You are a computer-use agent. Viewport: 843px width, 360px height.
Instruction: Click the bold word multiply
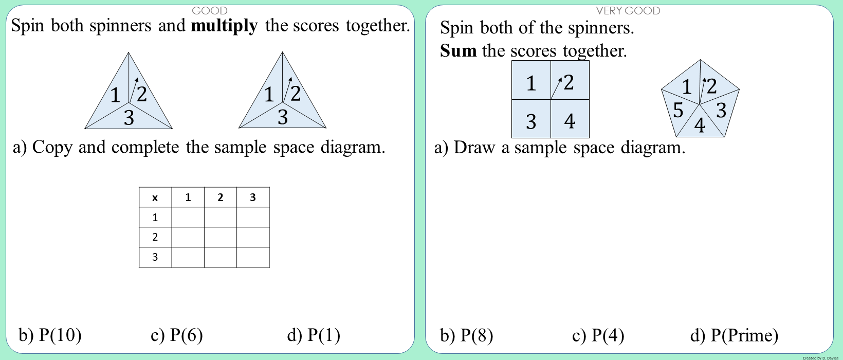[x=224, y=25]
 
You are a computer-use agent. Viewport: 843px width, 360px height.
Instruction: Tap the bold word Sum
[x=458, y=50]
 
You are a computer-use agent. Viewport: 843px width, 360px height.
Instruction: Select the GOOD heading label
[x=209, y=11]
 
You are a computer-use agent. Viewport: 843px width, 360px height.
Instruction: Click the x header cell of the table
[x=155, y=197]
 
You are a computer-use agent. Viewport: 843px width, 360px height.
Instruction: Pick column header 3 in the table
[x=252, y=197]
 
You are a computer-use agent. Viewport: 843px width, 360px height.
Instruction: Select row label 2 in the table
[x=155, y=237]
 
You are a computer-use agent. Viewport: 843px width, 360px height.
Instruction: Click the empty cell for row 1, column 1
[x=188, y=217]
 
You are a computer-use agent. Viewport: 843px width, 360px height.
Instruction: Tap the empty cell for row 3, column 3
[x=252, y=257]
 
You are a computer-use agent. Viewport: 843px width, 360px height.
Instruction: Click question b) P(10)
[x=50, y=335]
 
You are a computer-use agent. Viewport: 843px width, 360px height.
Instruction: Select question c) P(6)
[x=176, y=335]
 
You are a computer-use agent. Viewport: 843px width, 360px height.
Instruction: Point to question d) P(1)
[x=314, y=335]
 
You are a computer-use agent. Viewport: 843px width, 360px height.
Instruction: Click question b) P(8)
[x=466, y=335]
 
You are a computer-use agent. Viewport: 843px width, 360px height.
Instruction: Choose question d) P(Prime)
[x=734, y=335]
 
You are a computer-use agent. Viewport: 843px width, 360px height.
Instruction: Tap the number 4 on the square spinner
[x=570, y=121]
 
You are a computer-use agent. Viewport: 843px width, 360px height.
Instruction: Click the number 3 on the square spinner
[x=531, y=122]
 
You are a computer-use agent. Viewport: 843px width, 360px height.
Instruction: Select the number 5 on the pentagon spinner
[x=679, y=110]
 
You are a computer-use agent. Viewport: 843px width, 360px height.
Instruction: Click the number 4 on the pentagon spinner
[x=700, y=125]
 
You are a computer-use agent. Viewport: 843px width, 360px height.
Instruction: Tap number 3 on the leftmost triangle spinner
[x=129, y=118]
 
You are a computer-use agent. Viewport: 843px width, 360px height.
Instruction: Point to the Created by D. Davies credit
[x=820, y=358]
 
